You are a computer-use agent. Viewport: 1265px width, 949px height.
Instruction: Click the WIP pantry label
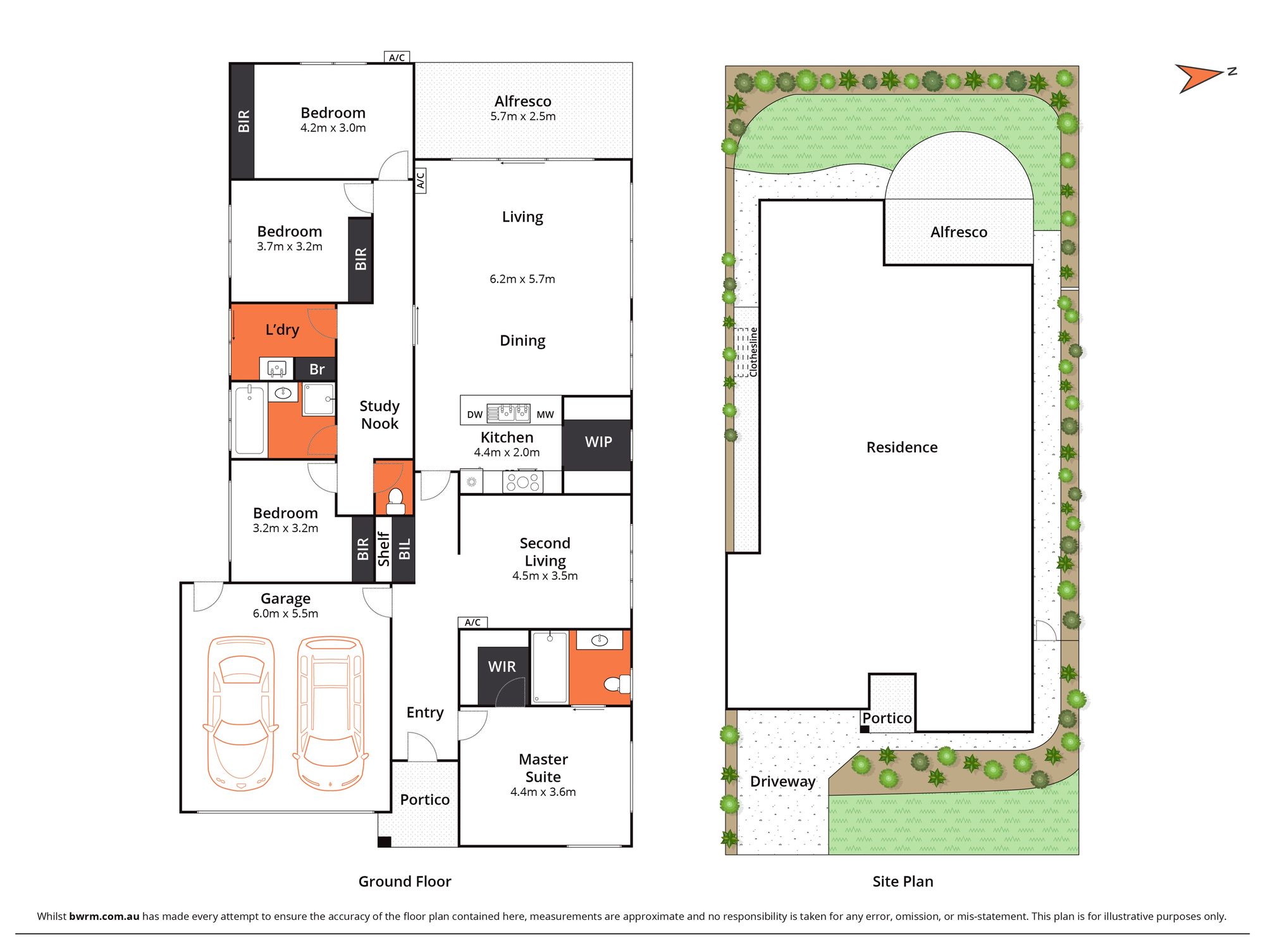pyautogui.click(x=598, y=442)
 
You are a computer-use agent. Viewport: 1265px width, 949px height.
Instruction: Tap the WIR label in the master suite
pyautogui.click(x=502, y=667)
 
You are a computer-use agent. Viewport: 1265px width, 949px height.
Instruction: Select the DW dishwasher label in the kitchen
pyautogui.click(x=474, y=415)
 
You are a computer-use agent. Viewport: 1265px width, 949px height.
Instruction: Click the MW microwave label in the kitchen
pyautogui.click(x=545, y=415)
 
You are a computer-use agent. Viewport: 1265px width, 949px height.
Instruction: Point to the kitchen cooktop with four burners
pyautogui.click(x=522, y=482)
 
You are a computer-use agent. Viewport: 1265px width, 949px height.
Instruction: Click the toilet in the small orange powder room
pyautogui.click(x=395, y=500)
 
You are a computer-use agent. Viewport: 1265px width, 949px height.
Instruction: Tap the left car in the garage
pyautogui.click(x=240, y=713)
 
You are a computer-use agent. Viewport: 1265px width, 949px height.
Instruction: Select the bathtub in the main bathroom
pyautogui.click(x=250, y=420)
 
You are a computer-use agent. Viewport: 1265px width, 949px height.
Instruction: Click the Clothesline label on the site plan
pyautogui.click(x=753, y=352)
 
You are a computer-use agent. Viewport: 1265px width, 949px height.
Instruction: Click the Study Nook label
pyautogui.click(x=379, y=415)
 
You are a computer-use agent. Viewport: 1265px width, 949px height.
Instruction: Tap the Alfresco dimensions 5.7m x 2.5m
pyautogui.click(x=523, y=116)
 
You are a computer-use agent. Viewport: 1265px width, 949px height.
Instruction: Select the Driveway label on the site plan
pyautogui.click(x=782, y=781)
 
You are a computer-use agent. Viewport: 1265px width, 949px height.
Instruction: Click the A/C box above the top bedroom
pyautogui.click(x=397, y=58)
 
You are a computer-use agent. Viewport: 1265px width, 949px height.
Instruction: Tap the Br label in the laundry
pyautogui.click(x=317, y=369)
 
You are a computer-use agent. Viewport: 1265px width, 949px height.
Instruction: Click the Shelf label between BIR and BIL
pyautogui.click(x=383, y=549)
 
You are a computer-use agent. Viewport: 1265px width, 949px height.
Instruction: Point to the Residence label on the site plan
pyautogui.click(x=902, y=447)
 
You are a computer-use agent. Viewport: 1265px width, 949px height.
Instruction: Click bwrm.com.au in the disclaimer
pyautogui.click(x=104, y=916)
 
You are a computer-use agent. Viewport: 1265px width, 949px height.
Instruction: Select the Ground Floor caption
pyautogui.click(x=405, y=881)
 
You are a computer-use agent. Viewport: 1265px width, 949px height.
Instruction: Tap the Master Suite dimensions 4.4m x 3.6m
pyautogui.click(x=543, y=792)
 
